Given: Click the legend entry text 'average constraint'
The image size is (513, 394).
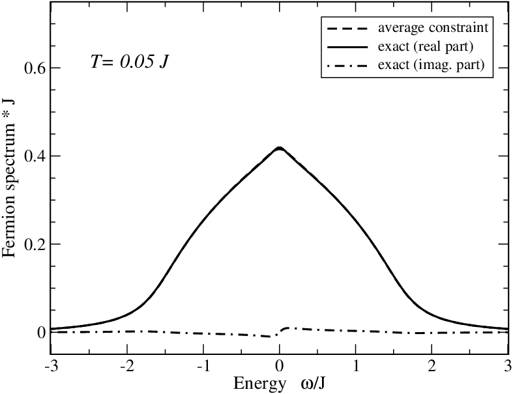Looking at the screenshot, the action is [433, 28].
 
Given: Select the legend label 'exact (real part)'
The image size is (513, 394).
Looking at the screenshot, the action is [426, 46].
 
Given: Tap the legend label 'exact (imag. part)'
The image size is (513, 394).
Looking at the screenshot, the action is [432, 64].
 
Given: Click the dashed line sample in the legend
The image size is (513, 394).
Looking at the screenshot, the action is [347, 29].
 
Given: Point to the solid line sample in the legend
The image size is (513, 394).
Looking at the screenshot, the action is [347, 48].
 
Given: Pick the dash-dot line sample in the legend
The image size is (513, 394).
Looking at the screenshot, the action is [347, 66].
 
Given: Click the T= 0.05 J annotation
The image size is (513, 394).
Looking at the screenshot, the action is [130, 61].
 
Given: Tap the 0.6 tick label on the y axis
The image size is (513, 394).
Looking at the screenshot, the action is [35, 68].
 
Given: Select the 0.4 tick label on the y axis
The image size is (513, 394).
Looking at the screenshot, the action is [35, 156].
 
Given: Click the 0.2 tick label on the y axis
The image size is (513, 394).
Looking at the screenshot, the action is [35, 244].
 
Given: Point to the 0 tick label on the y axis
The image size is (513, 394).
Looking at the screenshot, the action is [41, 333].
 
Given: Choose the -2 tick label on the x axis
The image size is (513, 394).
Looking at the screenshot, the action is [126, 366].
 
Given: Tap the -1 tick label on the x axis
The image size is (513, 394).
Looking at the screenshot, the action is [203, 366].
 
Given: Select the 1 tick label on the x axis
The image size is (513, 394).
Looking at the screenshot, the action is [356, 366].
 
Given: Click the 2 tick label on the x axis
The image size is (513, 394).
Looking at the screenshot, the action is [432, 366].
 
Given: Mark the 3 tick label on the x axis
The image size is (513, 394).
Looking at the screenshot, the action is [508, 366].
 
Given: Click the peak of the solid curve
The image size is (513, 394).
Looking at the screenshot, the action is [280, 148].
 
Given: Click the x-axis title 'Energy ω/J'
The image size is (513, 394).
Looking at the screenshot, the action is [280, 383].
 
